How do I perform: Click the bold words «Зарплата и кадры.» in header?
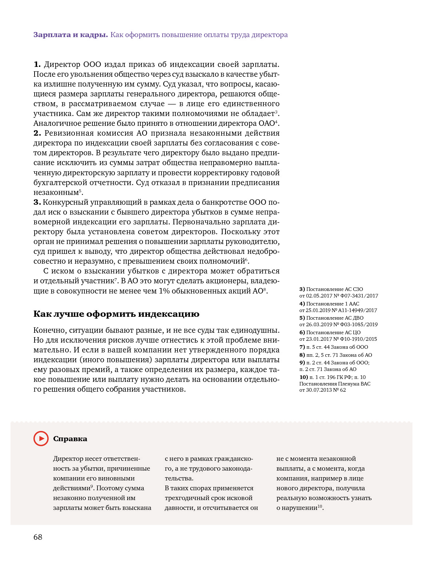71,35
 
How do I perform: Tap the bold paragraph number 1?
37,64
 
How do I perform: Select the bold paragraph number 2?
37,133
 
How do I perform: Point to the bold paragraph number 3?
37,202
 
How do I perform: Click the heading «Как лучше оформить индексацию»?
116,314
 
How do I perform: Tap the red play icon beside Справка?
41,439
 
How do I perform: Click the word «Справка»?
70,439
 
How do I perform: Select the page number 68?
38,537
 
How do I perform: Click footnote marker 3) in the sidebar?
302,290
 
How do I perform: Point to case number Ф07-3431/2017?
359,296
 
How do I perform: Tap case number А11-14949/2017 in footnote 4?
358,311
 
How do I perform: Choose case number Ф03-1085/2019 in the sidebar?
358,325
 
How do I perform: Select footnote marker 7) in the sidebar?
302,347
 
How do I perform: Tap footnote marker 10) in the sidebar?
303,377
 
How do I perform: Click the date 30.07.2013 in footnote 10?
319,390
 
